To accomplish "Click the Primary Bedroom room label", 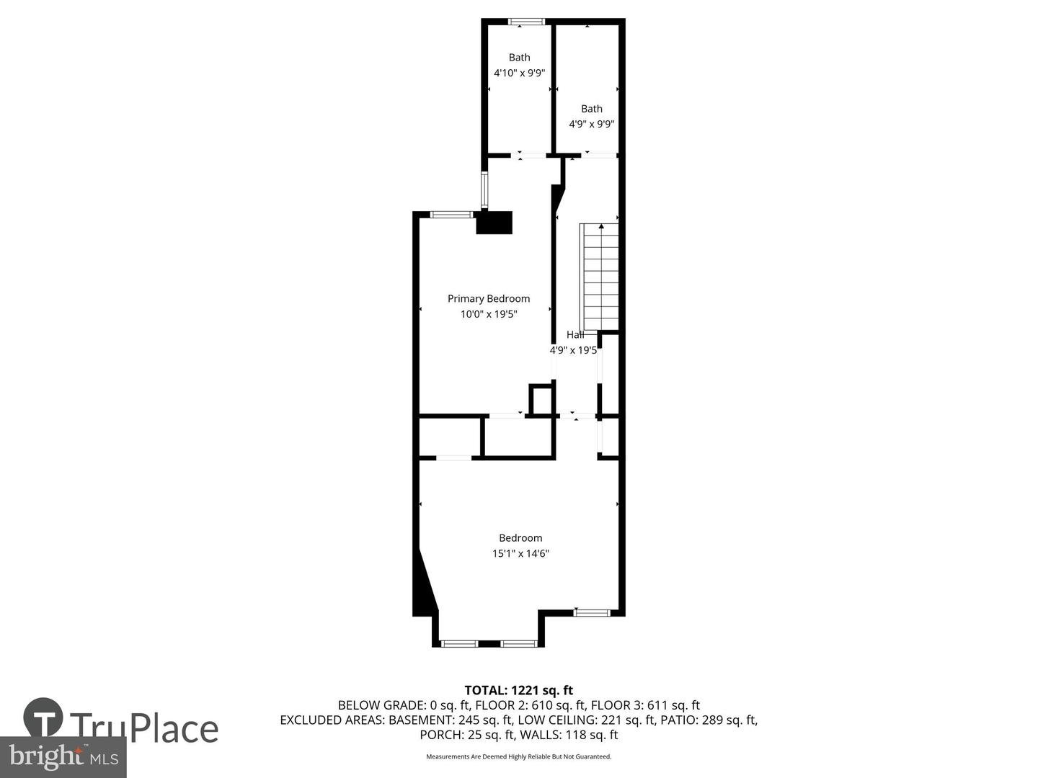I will pyautogui.click(x=489, y=298).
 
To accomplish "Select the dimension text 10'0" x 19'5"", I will pyautogui.click(x=489, y=314).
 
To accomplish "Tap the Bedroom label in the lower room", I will pyautogui.click(x=520, y=538).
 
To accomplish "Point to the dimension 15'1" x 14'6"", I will pyautogui.click(x=520, y=554).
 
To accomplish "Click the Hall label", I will pyautogui.click(x=575, y=334).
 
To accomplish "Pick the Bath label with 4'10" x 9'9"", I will pyautogui.click(x=519, y=58).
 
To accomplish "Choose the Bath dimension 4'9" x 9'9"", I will pyautogui.click(x=592, y=124).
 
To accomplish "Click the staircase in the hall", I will pyautogui.click(x=600, y=277).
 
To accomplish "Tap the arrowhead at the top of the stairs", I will pyautogui.click(x=601, y=226).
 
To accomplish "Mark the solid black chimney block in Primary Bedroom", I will pyautogui.click(x=494, y=223).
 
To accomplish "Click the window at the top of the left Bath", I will pyautogui.click(x=526, y=22).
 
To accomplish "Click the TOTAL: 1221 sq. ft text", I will pyautogui.click(x=519, y=690).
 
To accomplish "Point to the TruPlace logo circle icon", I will pyautogui.click(x=43, y=717).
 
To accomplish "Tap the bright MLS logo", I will pyautogui.click(x=63, y=756).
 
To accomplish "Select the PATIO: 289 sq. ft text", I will pyautogui.click(x=709, y=720).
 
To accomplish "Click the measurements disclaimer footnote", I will pyautogui.click(x=519, y=756).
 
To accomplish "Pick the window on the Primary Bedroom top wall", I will pyautogui.click(x=452, y=214).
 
